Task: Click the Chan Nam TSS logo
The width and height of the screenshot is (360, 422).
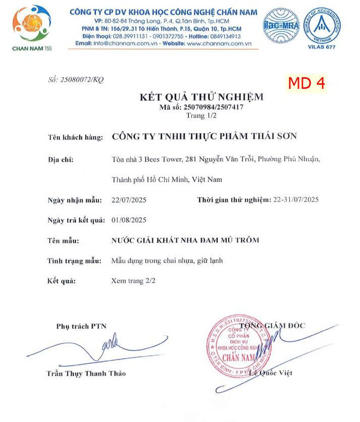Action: point(31,26)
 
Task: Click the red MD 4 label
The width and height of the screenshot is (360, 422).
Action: point(306,83)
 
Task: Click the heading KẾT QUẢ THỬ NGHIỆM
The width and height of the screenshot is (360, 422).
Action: point(201,97)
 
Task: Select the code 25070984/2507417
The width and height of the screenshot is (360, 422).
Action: point(201,107)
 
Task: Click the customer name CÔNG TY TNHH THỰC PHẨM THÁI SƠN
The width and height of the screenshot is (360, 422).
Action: point(204,136)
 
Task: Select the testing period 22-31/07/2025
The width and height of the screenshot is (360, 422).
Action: point(296,200)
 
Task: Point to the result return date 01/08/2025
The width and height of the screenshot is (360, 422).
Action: point(129,220)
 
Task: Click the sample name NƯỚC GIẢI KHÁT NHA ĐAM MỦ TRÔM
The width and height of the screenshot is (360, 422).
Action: point(185,240)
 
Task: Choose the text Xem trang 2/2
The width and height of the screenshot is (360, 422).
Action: point(133,281)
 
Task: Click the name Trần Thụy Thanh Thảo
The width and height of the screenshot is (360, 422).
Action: point(86,374)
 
